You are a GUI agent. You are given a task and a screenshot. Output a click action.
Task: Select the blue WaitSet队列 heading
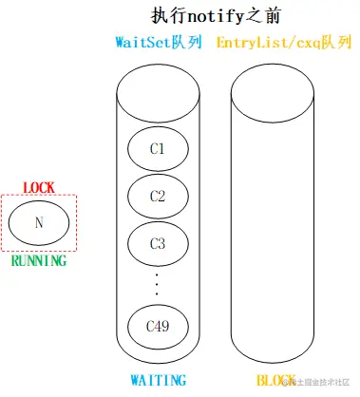click(158, 44)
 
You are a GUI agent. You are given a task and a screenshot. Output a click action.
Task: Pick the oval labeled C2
click(158, 197)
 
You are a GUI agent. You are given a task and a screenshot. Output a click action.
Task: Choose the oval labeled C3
click(158, 244)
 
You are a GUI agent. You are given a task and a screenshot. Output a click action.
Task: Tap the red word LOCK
click(38, 187)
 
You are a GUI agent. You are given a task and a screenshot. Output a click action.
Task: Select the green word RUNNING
click(38, 260)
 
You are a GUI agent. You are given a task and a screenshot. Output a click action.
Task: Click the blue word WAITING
click(158, 381)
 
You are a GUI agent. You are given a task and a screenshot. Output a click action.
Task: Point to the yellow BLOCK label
click(273, 381)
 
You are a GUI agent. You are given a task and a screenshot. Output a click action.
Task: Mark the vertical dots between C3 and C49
click(158, 283)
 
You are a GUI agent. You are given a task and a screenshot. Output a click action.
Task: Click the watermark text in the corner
click(318, 382)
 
